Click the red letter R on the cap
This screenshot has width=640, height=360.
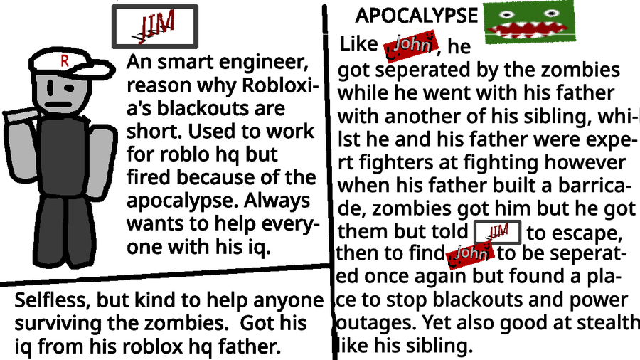click(x=65, y=61)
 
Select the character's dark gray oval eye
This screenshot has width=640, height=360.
click(x=72, y=88)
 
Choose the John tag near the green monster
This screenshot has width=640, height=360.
click(x=411, y=46)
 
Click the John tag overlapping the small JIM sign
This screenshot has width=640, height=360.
click(x=470, y=254)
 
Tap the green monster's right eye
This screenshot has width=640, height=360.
click(x=550, y=12)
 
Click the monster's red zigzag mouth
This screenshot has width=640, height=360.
click(x=529, y=30)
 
